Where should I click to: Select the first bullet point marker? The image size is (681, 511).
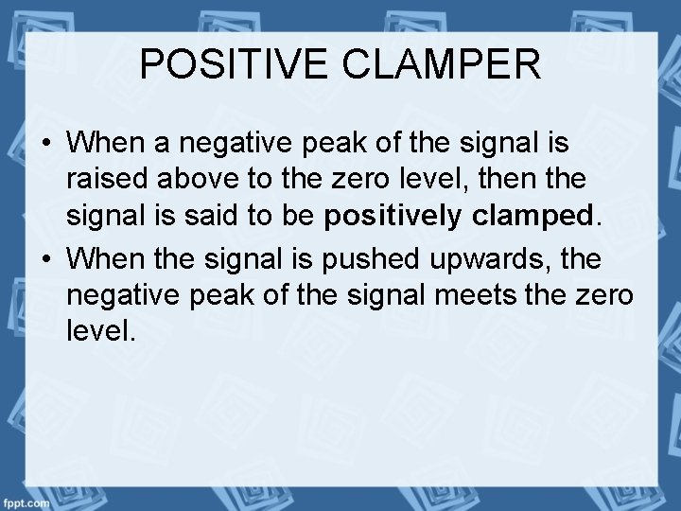46,145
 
